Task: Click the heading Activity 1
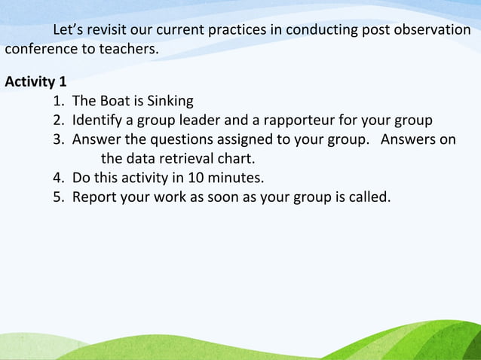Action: [35, 81]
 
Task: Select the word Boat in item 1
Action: [114, 101]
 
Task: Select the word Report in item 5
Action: [94, 198]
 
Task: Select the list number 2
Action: [58, 121]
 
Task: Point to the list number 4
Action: [58, 178]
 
